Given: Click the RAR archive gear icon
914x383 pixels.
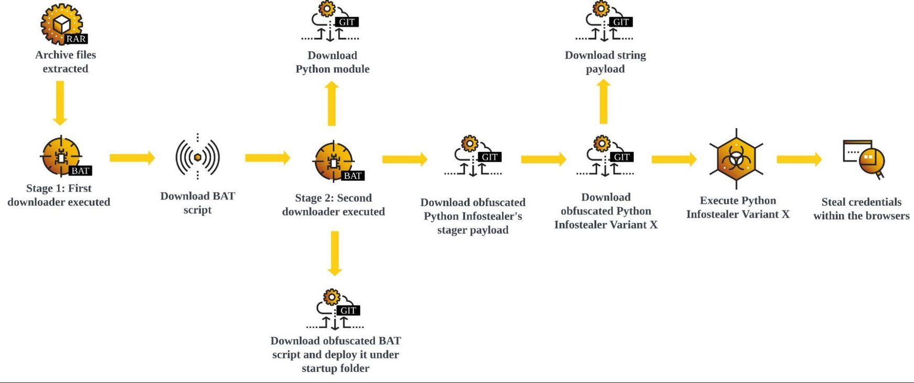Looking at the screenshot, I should (63, 24).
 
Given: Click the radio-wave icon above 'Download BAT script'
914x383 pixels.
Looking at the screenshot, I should (198, 157).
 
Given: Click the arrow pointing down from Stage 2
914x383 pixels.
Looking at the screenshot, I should (334, 253).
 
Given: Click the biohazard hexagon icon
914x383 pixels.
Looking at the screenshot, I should (736, 159).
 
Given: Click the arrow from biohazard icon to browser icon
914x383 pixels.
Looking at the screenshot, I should (799, 159).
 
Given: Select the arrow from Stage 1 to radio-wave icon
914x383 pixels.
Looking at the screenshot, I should (132, 157).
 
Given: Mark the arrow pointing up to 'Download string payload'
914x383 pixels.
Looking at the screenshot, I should (604, 102).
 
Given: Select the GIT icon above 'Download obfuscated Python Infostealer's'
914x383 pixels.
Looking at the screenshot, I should (473, 156).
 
